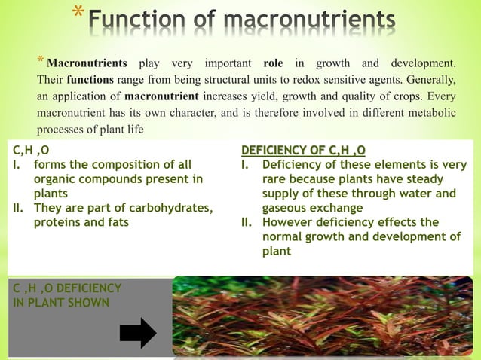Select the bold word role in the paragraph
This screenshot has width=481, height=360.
point(268,63)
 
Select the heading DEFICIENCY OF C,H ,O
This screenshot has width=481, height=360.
point(303,150)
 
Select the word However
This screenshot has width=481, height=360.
point(290,222)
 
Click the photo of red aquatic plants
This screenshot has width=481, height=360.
point(323,316)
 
